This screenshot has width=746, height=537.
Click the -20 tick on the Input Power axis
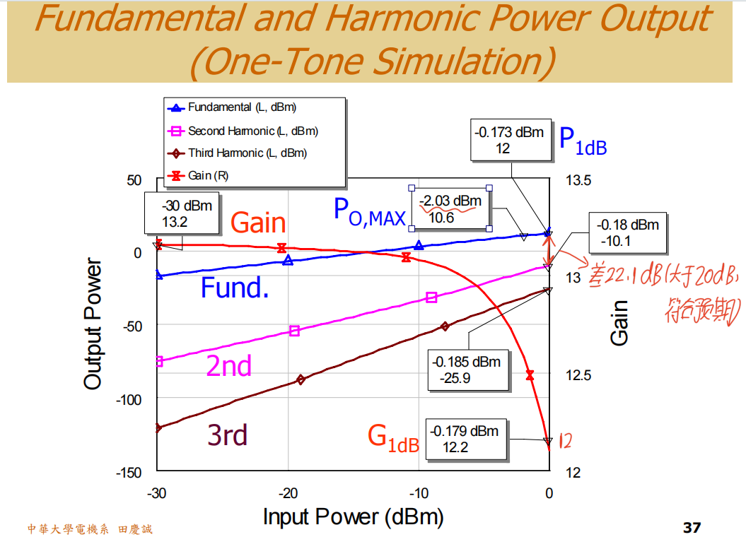[x=288, y=493]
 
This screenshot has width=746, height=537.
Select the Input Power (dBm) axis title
[x=353, y=517]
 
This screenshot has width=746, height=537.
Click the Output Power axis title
[x=93, y=324]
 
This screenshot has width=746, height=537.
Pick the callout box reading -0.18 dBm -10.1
[x=628, y=233]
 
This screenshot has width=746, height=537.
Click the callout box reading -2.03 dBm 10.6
[x=450, y=209]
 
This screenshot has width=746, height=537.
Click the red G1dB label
[x=393, y=437]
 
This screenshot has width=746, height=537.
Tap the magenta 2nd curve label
[x=228, y=365]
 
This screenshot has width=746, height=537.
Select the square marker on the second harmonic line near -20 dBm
[x=295, y=330]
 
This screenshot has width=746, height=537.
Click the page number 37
[x=691, y=527]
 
